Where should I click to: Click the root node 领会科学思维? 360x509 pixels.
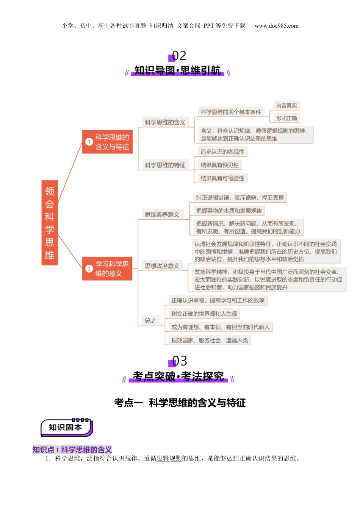50,223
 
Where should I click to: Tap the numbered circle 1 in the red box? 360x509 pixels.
89,142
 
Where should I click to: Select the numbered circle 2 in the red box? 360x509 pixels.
89,269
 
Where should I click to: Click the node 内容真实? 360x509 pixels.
286,106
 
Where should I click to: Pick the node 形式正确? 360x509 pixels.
286,118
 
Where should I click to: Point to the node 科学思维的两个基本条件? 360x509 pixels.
231,112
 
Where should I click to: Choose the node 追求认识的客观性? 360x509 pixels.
222,152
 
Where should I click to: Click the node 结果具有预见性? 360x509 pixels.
220,165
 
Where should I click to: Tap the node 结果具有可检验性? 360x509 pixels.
222,178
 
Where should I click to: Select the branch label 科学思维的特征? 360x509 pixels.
165,165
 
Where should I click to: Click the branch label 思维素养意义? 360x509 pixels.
162,214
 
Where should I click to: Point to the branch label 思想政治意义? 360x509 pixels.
162,266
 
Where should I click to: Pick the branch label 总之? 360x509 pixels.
150,320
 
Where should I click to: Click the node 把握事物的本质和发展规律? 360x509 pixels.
229,211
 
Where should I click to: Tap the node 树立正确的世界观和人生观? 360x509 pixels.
204,314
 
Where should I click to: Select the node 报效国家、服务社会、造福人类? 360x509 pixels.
210,340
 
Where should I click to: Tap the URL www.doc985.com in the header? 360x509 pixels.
276,26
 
